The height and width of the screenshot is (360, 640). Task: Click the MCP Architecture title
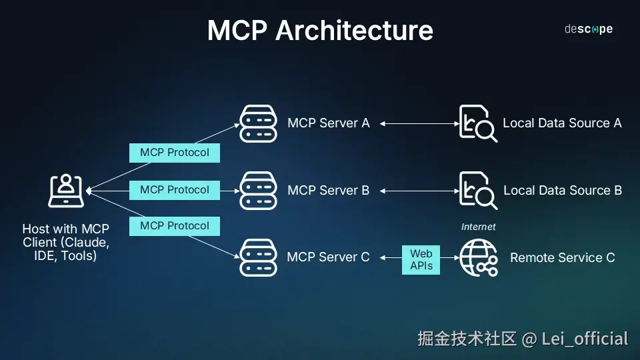320,31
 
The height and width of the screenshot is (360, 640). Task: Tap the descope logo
588,29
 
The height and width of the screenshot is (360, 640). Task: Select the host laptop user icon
66,191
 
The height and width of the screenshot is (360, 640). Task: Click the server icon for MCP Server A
258,123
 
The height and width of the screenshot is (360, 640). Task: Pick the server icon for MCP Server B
258,191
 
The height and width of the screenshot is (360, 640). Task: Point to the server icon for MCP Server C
258,258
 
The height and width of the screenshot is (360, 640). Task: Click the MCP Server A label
328,123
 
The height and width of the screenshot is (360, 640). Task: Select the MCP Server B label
328,191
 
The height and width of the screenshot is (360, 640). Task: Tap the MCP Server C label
328,257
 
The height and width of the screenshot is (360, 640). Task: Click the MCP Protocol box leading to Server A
174,153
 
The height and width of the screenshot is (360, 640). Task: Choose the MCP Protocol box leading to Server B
174,190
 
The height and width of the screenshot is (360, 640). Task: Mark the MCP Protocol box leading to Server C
174,226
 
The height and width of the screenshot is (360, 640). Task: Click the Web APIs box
421,259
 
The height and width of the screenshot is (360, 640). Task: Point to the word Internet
478,227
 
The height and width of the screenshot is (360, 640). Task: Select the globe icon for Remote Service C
478,258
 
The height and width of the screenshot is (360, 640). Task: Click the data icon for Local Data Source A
478,123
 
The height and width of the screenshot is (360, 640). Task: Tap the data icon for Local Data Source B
478,191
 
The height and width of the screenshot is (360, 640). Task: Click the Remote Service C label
562,257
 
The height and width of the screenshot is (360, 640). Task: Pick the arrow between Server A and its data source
418,123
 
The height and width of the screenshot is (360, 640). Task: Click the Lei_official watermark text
585,339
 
